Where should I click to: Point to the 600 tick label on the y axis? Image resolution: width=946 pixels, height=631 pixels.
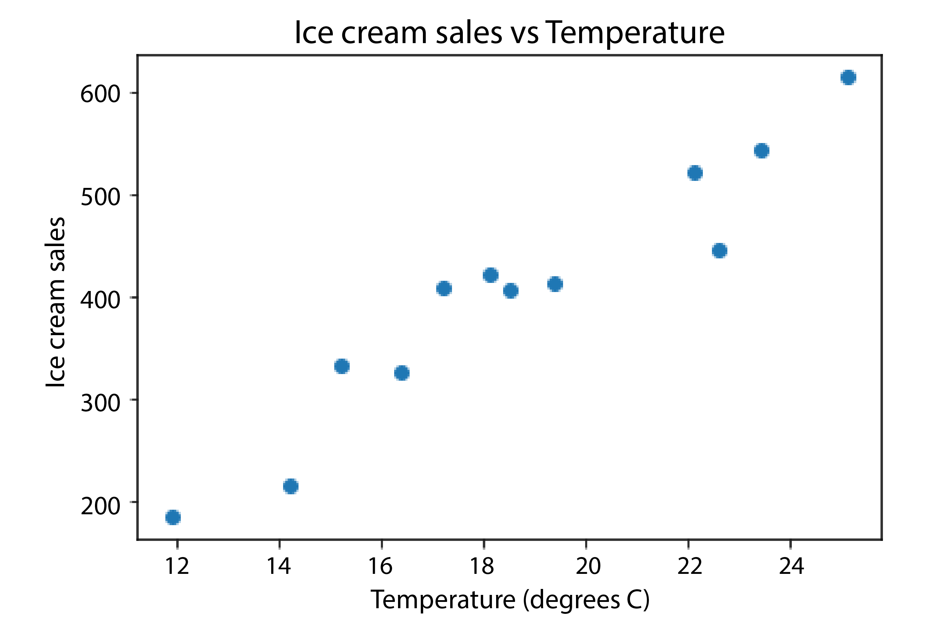tap(100, 94)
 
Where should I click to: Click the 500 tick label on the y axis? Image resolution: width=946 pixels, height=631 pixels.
tap(100, 197)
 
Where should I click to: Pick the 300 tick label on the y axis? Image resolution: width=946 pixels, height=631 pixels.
tap(100, 402)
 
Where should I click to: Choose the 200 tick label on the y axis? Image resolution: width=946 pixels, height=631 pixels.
tap(100, 506)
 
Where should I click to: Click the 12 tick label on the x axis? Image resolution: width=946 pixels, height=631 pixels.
tap(177, 566)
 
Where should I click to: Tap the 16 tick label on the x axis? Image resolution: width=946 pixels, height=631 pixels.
tap(381, 566)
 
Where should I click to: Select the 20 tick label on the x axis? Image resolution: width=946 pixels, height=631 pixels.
tap(587, 566)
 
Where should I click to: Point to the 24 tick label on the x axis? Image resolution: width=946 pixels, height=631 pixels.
tap(791, 566)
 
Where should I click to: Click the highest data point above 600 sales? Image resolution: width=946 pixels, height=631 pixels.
tap(848, 77)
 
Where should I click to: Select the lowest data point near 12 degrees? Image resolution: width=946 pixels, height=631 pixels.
tap(173, 517)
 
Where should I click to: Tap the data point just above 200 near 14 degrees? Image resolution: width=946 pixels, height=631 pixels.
tap(290, 487)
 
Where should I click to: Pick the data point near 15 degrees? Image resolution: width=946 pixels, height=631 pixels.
tap(342, 366)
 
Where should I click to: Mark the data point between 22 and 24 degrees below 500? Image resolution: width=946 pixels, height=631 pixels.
tap(720, 251)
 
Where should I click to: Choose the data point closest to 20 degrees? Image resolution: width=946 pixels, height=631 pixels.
tap(555, 284)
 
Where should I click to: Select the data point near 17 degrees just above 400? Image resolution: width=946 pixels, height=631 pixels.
tap(444, 289)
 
